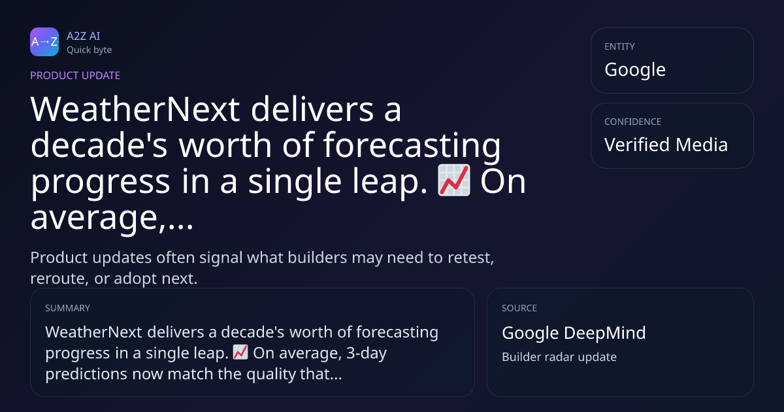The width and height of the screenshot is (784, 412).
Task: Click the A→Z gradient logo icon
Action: (44, 42)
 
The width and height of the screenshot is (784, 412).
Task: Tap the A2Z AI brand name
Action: (84, 36)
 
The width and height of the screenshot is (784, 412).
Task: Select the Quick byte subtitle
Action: (90, 50)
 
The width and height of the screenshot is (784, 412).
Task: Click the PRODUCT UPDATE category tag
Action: (75, 75)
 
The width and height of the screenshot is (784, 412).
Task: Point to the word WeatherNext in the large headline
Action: (135, 109)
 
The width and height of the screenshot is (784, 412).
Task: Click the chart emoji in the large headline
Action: (454, 180)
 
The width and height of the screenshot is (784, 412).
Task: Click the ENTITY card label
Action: (619, 46)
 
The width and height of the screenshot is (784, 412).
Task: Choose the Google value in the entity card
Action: (635, 70)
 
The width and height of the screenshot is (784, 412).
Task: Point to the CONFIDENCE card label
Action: (633, 122)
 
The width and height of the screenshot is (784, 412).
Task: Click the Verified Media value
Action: (666, 145)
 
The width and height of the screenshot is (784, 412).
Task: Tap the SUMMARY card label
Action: (67, 308)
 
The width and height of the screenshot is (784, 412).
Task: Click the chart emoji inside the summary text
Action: (240, 352)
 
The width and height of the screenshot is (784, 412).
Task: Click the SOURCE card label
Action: (519, 308)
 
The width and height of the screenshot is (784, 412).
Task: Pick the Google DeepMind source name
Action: (574, 333)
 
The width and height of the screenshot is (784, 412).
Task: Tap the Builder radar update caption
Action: (559, 357)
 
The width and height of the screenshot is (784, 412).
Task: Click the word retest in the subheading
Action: (471, 258)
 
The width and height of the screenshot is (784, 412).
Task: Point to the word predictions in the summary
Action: (86, 375)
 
